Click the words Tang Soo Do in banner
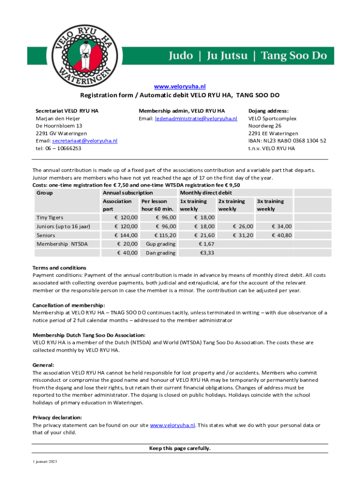[293, 56]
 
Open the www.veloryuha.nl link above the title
[180, 87]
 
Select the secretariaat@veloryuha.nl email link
[85, 141]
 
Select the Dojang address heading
[268, 111]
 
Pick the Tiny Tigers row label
[50, 218]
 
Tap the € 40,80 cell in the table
[281, 235]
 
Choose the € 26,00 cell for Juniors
[243, 226]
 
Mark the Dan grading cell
[160, 253]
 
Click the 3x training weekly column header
[271, 205]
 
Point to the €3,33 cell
[207, 253]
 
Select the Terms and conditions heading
[59, 268]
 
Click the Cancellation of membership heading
[65, 305]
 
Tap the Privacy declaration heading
[57, 417]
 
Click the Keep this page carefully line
[180, 449]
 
